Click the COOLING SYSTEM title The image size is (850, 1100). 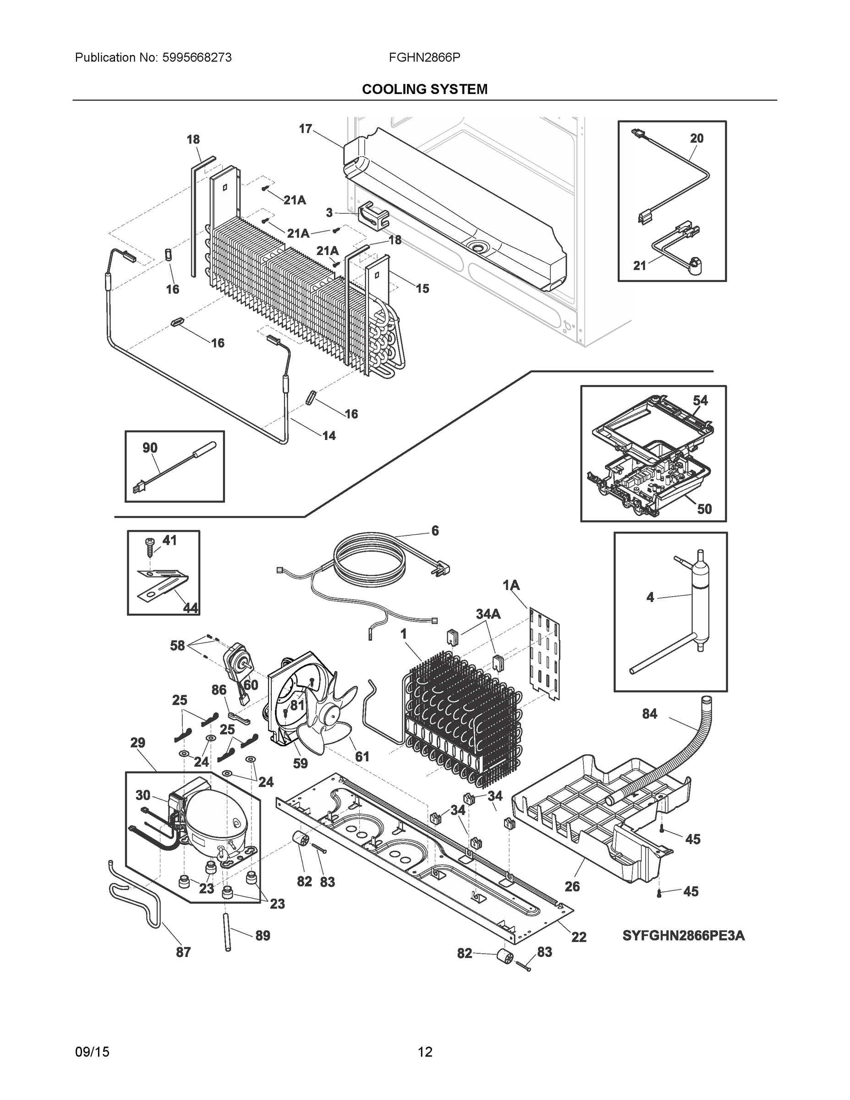(x=424, y=89)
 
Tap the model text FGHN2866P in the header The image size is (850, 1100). (x=424, y=57)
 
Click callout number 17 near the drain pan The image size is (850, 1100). (x=305, y=129)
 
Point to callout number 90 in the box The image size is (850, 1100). (x=149, y=448)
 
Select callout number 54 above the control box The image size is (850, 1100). (x=700, y=401)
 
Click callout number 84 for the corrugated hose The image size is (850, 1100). (x=650, y=714)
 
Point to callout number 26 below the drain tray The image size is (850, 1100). (x=572, y=886)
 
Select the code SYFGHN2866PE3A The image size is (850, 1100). (x=683, y=936)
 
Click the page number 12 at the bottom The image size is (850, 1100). (x=425, y=1052)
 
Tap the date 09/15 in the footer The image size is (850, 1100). (x=92, y=1052)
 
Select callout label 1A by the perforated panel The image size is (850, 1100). (x=511, y=585)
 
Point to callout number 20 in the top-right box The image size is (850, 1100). (x=696, y=138)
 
